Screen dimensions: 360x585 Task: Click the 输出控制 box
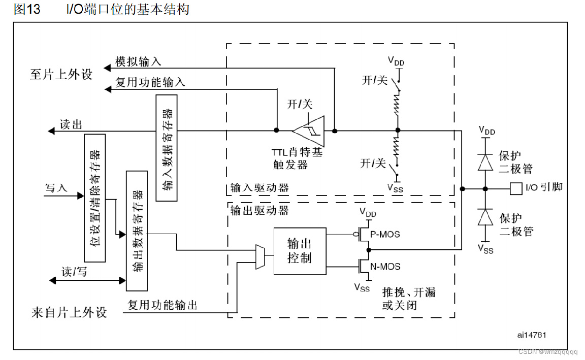[300, 251]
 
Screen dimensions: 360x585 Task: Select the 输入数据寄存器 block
[167, 147]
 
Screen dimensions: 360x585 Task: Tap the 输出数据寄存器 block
[137, 231]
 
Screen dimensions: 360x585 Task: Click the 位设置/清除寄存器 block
[94, 198]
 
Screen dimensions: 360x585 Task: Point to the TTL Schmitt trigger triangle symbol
[309, 130]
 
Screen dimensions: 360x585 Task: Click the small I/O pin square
[515, 188]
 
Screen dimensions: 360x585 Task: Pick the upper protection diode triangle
[485, 162]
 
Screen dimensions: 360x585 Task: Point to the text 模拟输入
[138, 62]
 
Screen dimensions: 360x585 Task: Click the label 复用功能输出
[162, 305]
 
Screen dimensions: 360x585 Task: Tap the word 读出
[71, 125]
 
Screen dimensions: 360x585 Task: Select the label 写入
[56, 188]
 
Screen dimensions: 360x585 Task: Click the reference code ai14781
[532, 335]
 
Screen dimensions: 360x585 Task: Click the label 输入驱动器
[259, 188]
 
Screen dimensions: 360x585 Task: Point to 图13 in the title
[27, 9]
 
